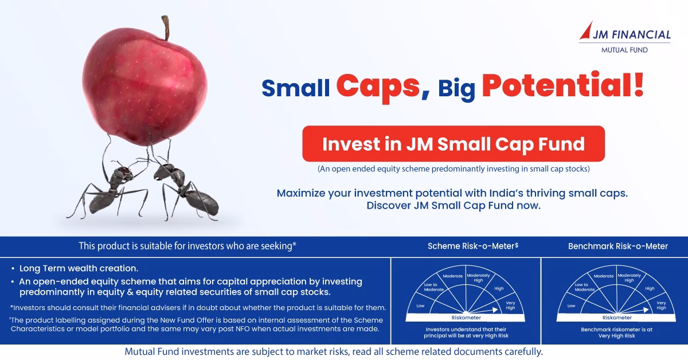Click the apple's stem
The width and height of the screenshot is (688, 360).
pyautogui.click(x=166, y=28)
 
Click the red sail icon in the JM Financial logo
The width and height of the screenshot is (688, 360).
pyautogui.click(x=587, y=31)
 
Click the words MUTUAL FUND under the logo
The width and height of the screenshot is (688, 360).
pyautogui.click(x=624, y=50)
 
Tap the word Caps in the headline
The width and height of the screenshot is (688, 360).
pyautogui.click(x=378, y=87)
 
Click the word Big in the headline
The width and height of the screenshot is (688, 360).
pyautogui.click(x=457, y=89)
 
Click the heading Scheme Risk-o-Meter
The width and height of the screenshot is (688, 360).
pyautogui.click(x=473, y=246)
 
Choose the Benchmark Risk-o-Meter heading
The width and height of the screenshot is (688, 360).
pyautogui.click(x=618, y=246)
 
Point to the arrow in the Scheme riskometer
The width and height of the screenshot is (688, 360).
pyautogui.click(x=482, y=311)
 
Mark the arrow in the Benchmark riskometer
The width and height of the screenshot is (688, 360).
pyautogui.click(x=633, y=311)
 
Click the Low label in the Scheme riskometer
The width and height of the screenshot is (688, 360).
pyautogui.click(x=420, y=306)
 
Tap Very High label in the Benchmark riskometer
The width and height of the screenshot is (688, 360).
pyautogui.click(x=661, y=306)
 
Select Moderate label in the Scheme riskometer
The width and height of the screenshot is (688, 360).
pyautogui.click(x=453, y=276)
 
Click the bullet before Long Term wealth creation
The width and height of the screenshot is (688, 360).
pyautogui.click(x=13, y=269)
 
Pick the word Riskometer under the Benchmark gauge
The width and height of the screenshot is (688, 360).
pyautogui.click(x=617, y=318)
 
